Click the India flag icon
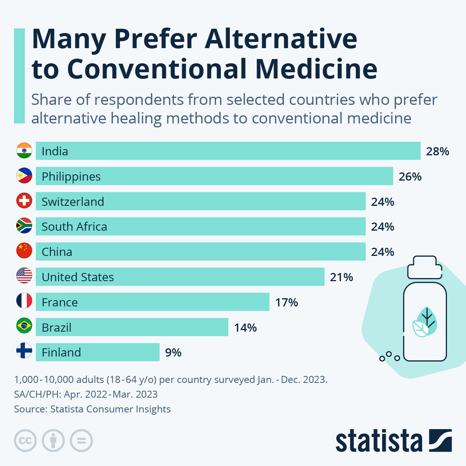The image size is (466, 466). (x=24, y=151)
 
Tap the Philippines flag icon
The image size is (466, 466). (x=24, y=176)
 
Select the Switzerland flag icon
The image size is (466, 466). (x=24, y=201)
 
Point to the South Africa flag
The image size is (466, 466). (x=24, y=226)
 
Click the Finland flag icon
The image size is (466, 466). (x=24, y=351)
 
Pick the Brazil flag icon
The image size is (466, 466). (x=24, y=326)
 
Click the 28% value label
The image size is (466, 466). (x=437, y=151)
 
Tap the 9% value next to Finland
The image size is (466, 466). (x=173, y=353)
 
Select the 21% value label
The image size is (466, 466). (x=341, y=277)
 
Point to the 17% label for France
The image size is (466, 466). (x=287, y=303)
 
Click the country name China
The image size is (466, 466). (x=57, y=252)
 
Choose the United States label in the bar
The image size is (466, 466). (x=78, y=277)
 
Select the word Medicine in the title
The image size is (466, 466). (x=316, y=69)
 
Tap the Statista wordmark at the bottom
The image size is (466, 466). (x=379, y=441)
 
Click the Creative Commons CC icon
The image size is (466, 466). (x=25, y=441)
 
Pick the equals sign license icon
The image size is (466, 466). (x=81, y=441)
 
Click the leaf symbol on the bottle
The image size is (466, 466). (x=424, y=322)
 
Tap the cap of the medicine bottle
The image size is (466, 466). (x=424, y=267)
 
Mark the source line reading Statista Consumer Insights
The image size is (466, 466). (x=92, y=409)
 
